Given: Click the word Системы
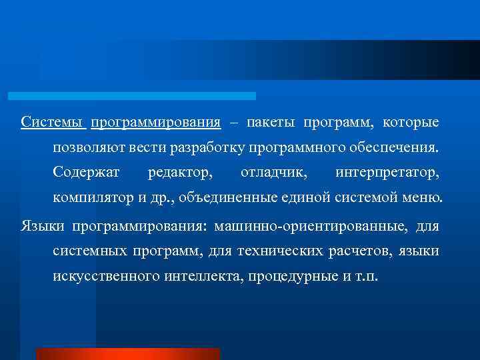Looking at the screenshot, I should point(52,123).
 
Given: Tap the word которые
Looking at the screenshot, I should point(411,123).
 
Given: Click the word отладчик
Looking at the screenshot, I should point(275,173).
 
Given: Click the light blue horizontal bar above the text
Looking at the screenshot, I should point(131,96).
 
